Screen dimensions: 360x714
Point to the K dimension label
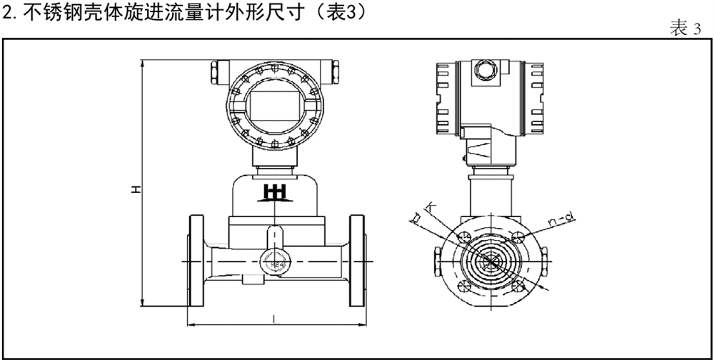430,208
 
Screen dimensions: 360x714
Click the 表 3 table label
685,29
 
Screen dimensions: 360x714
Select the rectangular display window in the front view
273,105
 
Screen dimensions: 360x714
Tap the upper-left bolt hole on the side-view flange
463,237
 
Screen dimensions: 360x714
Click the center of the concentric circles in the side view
491,261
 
